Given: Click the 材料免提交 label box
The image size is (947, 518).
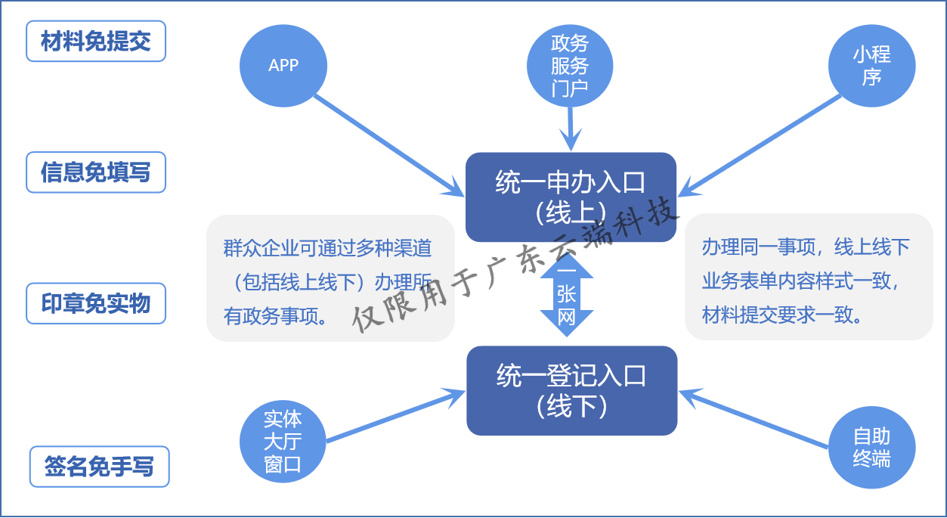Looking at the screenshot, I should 96,42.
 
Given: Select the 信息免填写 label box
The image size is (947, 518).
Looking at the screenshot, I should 96,172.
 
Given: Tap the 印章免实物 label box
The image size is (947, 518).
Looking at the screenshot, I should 96,303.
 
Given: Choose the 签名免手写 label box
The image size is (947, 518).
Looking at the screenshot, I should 99,467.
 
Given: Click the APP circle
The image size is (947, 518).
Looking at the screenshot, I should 283,66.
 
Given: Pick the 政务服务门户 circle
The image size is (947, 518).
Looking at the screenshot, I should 570,66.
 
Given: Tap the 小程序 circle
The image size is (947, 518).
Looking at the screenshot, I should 871,66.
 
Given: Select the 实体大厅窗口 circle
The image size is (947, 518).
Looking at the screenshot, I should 283,442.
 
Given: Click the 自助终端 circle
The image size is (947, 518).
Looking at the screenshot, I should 871,447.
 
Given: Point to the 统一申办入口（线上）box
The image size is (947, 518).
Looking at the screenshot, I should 571,197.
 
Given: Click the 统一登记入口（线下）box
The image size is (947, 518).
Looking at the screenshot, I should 571,390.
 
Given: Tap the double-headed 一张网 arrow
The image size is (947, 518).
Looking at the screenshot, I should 567,295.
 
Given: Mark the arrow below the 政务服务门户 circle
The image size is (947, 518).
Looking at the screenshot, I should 571,129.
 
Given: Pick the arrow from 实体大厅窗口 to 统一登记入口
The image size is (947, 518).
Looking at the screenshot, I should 393,416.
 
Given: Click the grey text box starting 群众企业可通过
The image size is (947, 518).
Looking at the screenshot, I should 330,278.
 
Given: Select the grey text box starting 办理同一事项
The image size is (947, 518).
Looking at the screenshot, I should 808,277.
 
